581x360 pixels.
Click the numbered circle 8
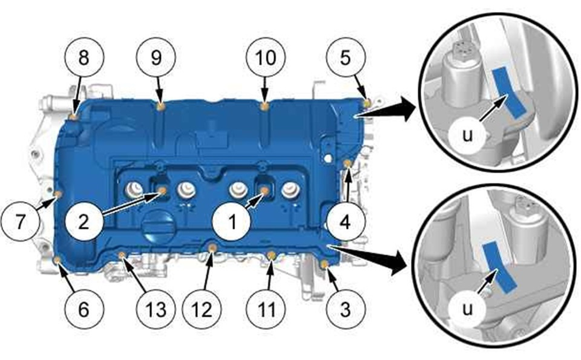tap(84, 57)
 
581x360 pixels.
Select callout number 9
tap(156, 57)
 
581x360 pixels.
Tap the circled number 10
tap(265, 57)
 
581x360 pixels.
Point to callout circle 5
tap(346, 57)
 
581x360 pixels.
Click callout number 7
tap(21, 222)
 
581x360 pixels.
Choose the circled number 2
tap(84, 222)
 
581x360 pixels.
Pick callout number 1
tap(232, 222)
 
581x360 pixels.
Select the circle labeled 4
tap(346, 222)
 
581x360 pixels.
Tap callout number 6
tap(84, 309)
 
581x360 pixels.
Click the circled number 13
tap(156, 309)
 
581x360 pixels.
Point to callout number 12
tap(203, 309)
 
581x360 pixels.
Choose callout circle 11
tap(266, 309)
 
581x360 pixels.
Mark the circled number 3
tap(346, 309)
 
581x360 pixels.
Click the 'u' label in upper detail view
tap(468, 136)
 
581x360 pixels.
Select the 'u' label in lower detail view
tap(468, 308)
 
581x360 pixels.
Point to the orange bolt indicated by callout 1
tap(264, 191)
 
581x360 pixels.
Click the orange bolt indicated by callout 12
tap(212, 247)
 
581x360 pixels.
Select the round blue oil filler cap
tap(158, 226)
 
